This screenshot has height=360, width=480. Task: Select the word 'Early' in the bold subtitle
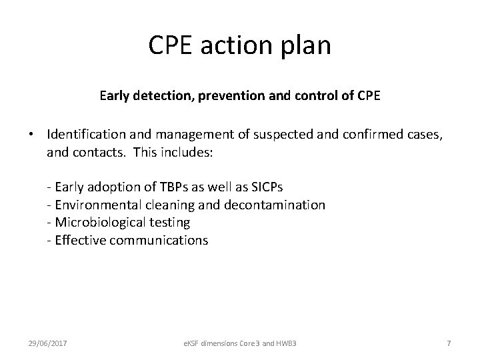pos(115,95)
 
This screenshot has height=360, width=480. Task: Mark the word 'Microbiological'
pos(97,223)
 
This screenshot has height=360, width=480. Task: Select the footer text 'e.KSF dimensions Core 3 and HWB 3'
pos(239,343)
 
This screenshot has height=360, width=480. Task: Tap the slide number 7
pos(449,343)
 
